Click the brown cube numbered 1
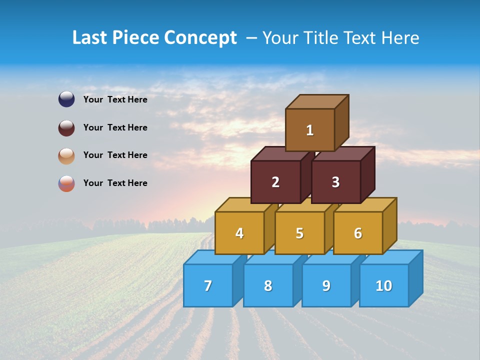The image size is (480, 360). [310, 130]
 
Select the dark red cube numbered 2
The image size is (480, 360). [275, 182]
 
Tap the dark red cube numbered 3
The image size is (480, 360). [335, 182]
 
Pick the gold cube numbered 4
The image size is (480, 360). [239, 233]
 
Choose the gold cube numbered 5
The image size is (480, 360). [299, 233]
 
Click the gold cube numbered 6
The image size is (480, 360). [358, 233]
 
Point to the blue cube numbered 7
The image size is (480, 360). [208, 285]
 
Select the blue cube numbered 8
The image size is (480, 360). [268, 285]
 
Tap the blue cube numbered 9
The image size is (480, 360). [326, 285]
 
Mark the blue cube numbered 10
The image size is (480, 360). [383, 285]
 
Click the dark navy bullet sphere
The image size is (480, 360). [66, 99]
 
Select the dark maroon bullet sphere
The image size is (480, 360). [66, 127]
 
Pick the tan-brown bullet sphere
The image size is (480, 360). [66, 155]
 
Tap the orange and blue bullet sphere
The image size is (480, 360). [66, 183]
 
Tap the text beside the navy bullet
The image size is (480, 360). [115, 99]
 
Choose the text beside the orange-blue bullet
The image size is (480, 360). [115, 183]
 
